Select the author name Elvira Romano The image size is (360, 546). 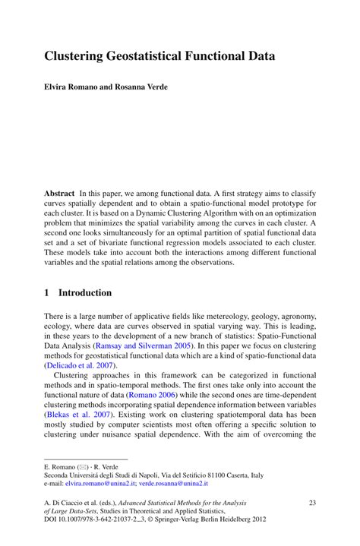(72, 87)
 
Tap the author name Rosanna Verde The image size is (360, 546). (141, 87)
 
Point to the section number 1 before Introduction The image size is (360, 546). (47, 293)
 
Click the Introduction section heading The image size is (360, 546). (85, 293)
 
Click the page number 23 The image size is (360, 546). (311, 503)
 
